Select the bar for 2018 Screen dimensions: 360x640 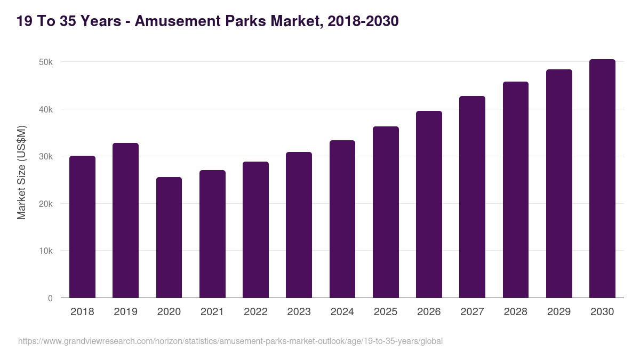pos(82,227)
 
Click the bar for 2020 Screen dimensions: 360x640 pos(169,237)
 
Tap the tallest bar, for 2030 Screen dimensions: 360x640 pos(602,179)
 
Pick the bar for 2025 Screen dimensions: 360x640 pos(386,212)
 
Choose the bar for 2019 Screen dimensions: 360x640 pos(125,220)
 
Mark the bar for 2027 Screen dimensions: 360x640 pos(472,197)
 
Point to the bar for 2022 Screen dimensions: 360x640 pos(255,230)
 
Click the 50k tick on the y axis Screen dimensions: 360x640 pos(45,62)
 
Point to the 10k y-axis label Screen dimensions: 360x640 pos(45,251)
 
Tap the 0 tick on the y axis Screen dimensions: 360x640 pos(50,298)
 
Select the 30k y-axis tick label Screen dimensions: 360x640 pos(45,157)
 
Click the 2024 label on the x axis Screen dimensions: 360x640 pos(342,312)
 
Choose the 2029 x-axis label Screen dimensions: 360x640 pos(558,312)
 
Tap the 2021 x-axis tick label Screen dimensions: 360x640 pos(212,312)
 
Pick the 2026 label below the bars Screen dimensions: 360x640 pos(429,312)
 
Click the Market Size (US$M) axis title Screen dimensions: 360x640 pos(21,172)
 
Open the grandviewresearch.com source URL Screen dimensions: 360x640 pos(230,341)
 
